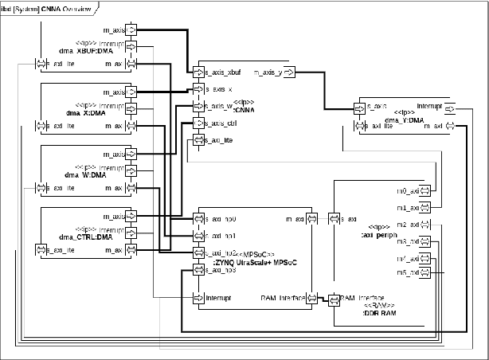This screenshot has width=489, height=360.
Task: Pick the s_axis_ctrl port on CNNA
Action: coord(194,123)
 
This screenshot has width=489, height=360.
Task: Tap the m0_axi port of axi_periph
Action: coord(425,191)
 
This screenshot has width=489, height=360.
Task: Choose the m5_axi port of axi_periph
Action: coord(425,273)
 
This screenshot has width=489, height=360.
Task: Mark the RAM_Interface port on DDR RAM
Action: coord(334,299)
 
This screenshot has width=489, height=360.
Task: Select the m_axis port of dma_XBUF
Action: coord(132,29)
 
